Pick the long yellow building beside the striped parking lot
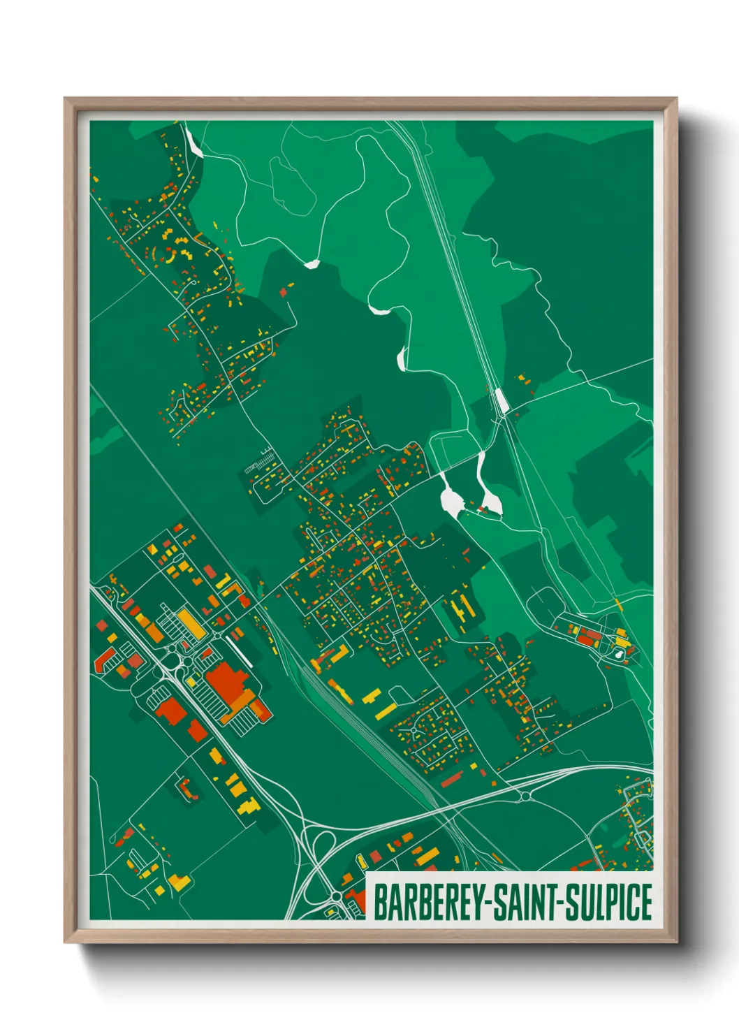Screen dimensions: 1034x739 (191, 623)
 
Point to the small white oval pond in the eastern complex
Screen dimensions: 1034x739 (618, 655)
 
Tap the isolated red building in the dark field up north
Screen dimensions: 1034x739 (284, 292)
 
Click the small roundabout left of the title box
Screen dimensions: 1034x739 (336, 896)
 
